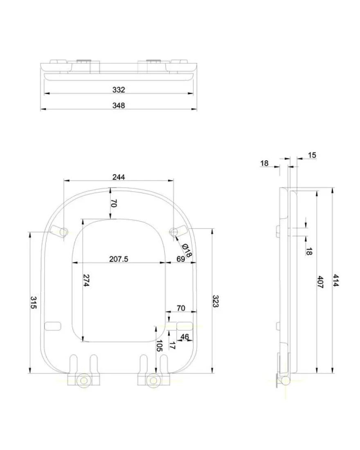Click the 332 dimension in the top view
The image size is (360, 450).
(x=119, y=90)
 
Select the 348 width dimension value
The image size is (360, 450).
(x=119, y=105)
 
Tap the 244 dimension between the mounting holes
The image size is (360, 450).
(x=119, y=177)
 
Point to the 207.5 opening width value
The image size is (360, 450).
(x=119, y=259)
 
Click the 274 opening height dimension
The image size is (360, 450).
(x=86, y=280)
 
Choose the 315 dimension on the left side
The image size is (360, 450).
(x=34, y=303)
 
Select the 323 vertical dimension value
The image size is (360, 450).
(x=216, y=301)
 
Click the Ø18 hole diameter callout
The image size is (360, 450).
(x=187, y=250)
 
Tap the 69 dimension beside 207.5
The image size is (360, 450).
(x=181, y=259)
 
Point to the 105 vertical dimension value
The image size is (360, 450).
(x=159, y=345)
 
